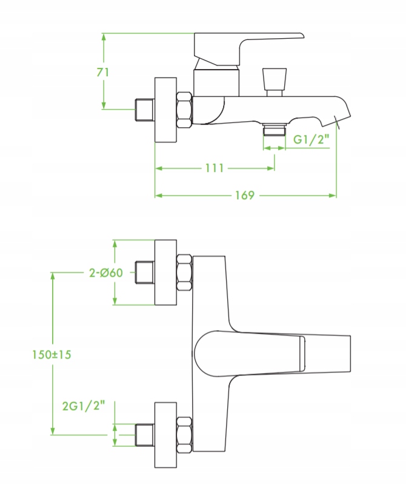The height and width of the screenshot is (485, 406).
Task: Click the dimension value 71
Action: coord(103,73)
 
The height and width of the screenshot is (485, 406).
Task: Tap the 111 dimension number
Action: coord(215,168)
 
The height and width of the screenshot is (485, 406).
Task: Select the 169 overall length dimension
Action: coord(245,196)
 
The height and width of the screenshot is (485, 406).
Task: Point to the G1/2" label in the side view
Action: coord(311,139)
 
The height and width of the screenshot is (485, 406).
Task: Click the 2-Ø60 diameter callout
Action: coord(106,273)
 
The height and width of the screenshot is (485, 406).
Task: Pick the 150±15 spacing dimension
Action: coord(52,354)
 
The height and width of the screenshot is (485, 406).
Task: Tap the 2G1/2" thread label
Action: coord(84,406)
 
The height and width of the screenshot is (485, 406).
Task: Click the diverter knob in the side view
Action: coord(274,82)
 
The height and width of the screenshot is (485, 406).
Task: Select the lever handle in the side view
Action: coord(248,49)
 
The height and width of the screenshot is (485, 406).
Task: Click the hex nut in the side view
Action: coord(184,110)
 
